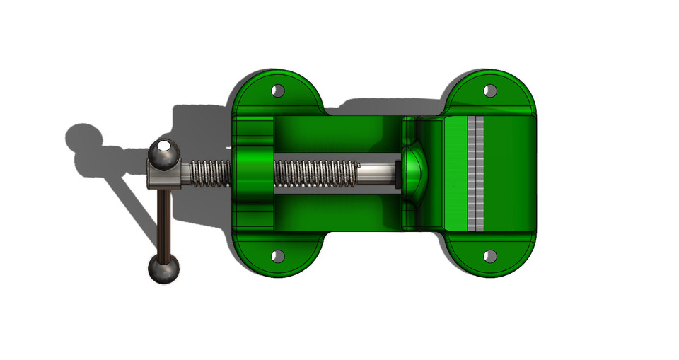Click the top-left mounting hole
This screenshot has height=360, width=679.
[x=278, y=91]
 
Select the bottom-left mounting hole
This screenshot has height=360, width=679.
[x=278, y=255]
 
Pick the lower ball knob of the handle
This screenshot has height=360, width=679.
[x=163, y=269]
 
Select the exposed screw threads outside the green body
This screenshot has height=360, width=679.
[x=210, y=173]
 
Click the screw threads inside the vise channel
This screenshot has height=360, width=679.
[x=315, y=173]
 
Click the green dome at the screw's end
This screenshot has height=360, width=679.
[x=414, y=173]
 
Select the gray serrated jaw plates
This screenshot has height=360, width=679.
[x=476, y=173]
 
